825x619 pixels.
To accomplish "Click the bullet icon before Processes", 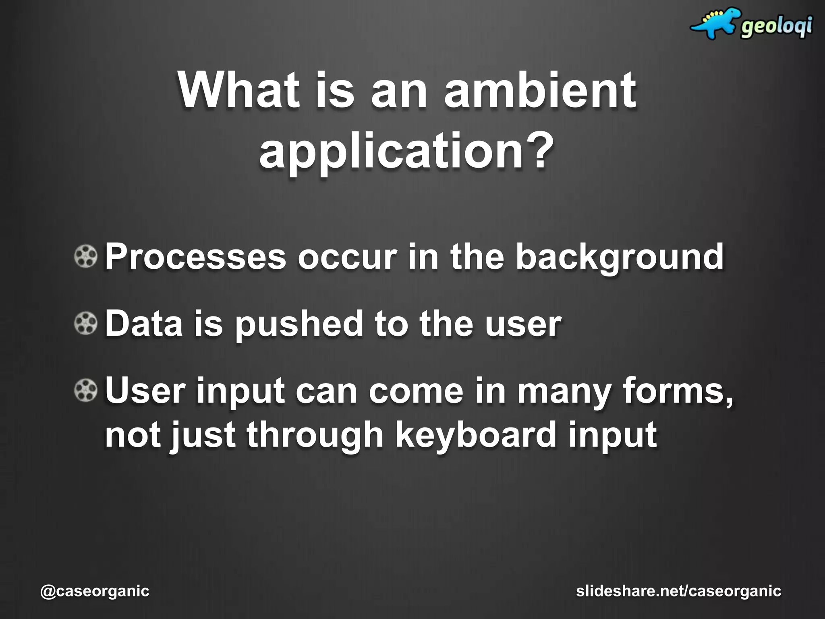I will pos(86,257).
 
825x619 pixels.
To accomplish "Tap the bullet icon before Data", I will pos(86,324).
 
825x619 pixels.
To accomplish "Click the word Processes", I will pos(195,257).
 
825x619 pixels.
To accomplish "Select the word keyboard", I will pos(475,436).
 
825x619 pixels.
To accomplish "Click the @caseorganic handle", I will pos(95,591).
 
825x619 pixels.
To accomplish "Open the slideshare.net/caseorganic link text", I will pos(679,591).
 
